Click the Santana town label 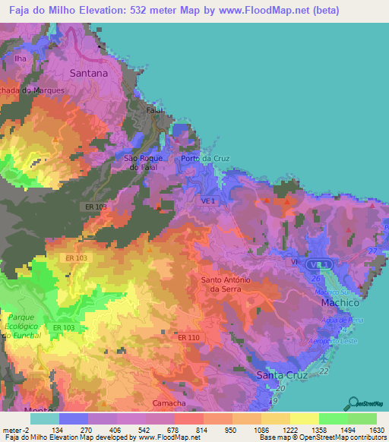[x=88, y=74]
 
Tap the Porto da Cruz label [x=205, y=158]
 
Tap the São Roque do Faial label [x=143, y=162]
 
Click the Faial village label [x=156, y=110]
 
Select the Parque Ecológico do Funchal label [x=29, y=324]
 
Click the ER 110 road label [x=188, y=336]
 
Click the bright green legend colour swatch [x=333, y=418]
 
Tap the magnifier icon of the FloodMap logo [x=353, y=403]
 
